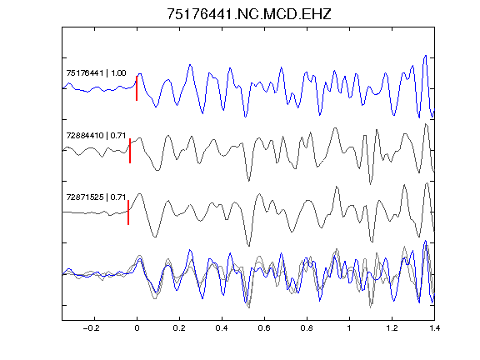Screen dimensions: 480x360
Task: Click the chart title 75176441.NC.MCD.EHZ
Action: pos(249,14)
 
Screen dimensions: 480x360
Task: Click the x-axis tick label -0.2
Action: pos(91,328)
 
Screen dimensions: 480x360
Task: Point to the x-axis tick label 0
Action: pos(137,328)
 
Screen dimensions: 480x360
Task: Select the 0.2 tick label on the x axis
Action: pos(179,328)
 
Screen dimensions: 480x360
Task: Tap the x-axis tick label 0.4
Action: pos(222,328)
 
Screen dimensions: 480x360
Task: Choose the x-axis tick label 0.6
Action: pos(264,328)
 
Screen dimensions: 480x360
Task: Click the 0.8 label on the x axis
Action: pos(307,328)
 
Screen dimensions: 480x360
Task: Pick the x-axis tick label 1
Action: pos(349,328)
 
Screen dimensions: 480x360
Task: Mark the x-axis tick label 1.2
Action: pos(392,328)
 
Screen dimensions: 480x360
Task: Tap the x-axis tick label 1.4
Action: pos(434,328)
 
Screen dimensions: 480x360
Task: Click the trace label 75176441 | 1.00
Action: pos(96,73)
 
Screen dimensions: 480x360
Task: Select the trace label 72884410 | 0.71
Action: pos(96,135)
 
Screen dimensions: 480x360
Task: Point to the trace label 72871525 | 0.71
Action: pos(96,197)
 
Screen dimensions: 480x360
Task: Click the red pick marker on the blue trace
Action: pos(137,88)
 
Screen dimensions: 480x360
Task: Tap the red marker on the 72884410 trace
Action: pos(130,151)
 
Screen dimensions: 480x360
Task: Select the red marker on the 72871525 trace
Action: pos(128,212)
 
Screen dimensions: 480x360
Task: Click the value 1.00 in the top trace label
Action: pos(118,73)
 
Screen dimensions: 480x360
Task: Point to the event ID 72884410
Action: pos(85,135)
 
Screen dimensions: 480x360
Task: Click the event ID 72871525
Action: pos(85,197)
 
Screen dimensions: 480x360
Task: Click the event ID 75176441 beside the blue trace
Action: pos(85,73)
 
